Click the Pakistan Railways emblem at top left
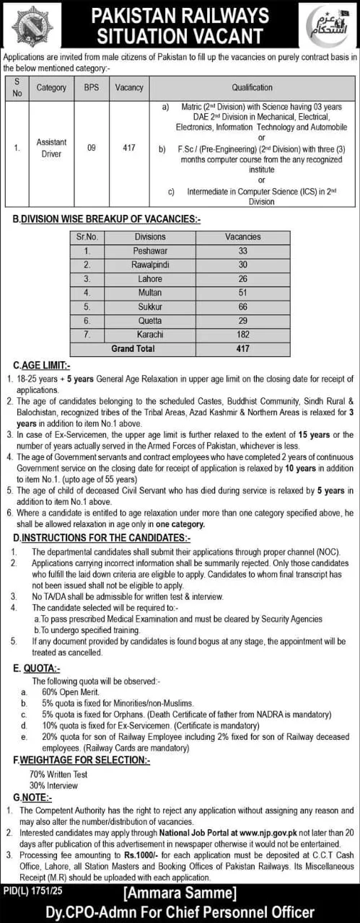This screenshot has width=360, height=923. (x=32, y=27)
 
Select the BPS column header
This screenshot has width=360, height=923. (x=92, y=87)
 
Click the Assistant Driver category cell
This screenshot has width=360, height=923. (x=51, y=148)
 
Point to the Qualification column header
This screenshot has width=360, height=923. (x=253, y=87)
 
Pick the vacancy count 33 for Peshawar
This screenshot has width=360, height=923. (x=242, y=251)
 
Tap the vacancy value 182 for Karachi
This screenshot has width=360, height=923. (x=242, y=335)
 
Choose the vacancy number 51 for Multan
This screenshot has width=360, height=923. (x=242, y=293)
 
